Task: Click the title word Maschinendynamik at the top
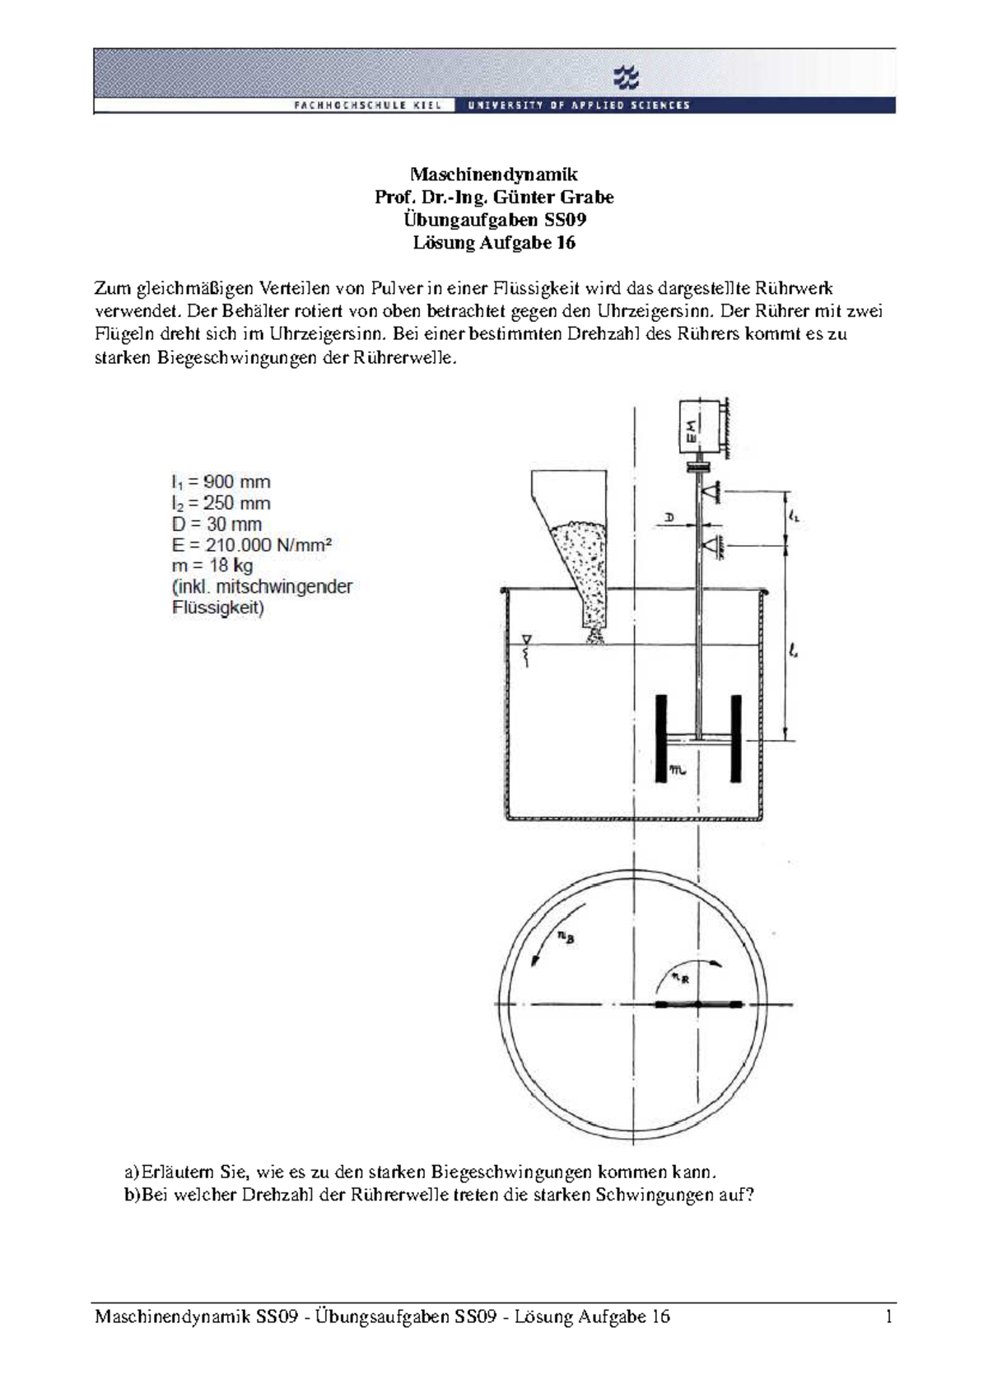pyautogui.click(x=494, y=175)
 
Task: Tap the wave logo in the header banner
pyautogui.click(x=627, y=79)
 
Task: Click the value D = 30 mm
pyautogui.click(x=217, y=524)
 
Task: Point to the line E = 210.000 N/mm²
pyautogui.click(x=253, y=545)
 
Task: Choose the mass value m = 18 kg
pyautogui.click(x=212, y=566)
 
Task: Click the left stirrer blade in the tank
pyautogui.click(x=661, y=738)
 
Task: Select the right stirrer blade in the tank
pyautogui.click(x=736, y=738)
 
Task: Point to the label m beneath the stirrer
pyautogui.click(x=678, y=771)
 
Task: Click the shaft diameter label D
pyautogui.click(x=669, y=517)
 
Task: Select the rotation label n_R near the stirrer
pyautogui.click(x=679, y=977)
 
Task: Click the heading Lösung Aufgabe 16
pyautogui.click(x=494, y=243)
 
